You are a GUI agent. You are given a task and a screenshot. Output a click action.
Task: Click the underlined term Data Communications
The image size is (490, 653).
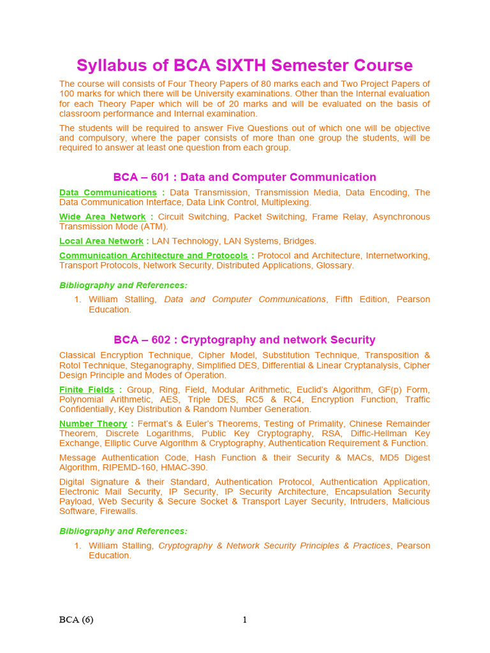[108, 193]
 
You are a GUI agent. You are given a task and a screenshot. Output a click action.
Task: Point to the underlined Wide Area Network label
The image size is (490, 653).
[102, 217]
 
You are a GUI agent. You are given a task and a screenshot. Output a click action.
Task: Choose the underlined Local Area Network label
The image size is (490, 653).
[101, 241]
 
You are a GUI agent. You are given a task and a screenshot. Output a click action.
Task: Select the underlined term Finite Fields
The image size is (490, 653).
[87, 390]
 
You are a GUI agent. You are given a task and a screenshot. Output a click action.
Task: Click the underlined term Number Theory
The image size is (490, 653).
[93, 424]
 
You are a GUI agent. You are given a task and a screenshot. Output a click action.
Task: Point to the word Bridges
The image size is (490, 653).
[299, 241]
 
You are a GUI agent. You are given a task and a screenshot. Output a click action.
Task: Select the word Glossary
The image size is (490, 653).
[334, 265]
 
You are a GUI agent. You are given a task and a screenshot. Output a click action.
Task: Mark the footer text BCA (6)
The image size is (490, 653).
[76, 620]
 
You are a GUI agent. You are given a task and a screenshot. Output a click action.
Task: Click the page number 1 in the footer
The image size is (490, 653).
[244, 620]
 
